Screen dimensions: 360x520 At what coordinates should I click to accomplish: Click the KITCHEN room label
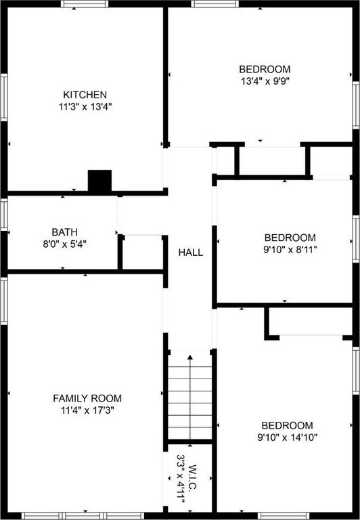85,95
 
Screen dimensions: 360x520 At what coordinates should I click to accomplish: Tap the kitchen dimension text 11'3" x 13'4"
85,107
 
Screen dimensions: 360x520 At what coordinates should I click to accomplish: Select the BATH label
65,232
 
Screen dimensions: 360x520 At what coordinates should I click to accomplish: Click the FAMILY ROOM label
87,398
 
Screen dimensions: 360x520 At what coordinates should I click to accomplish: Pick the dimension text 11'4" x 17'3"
87,410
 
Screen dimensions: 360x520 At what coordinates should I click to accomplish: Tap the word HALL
191,253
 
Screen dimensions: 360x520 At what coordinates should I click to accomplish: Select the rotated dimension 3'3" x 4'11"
181,479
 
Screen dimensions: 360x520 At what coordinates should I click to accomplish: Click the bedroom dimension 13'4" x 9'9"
265,81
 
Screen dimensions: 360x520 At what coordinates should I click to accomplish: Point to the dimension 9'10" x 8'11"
290,250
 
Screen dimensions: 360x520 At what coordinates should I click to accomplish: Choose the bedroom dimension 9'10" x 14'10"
288,437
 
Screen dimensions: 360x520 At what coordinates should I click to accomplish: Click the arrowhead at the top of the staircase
190,357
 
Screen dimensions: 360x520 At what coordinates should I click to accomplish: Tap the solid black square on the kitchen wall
99,181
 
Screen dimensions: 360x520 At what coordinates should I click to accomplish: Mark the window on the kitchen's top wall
85,3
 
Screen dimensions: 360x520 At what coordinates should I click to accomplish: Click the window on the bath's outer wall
3,214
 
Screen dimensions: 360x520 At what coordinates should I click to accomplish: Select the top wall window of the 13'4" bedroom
215,3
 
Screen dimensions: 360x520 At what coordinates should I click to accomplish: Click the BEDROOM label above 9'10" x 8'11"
290,238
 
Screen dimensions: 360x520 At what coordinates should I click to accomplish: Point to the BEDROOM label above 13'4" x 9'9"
265,69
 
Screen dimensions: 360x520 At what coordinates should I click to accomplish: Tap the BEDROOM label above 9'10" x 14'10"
287,425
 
